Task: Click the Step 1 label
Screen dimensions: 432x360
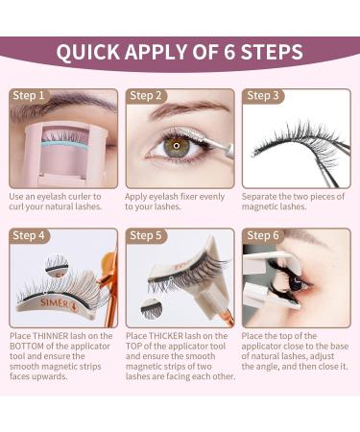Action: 28,96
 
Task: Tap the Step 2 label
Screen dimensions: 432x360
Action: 146,96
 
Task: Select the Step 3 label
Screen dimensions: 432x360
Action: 263,96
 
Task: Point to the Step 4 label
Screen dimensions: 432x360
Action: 29,236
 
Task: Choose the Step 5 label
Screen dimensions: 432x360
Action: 146,236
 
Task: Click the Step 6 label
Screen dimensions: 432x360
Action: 264,236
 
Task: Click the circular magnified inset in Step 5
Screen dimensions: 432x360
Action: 151,307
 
